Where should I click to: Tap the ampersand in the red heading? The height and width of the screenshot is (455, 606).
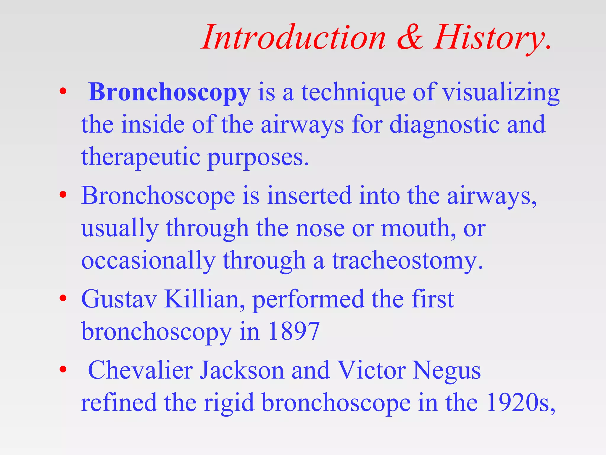(x=410, y=38)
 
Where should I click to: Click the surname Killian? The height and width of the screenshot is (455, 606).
(x=204, y=299)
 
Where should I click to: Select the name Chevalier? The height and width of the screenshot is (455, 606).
(x=141, y=370)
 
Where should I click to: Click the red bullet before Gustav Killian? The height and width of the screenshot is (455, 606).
(x=63, y=298)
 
